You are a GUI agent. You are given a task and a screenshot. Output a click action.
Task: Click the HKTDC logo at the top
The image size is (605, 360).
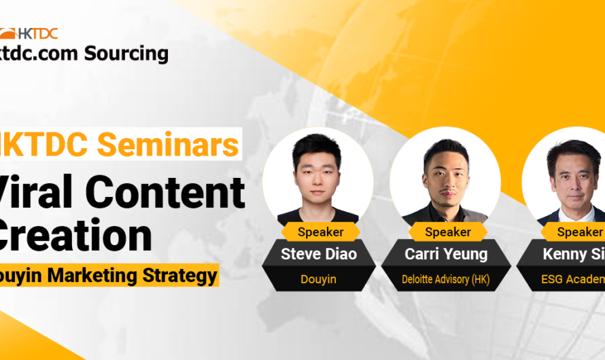point(29,33)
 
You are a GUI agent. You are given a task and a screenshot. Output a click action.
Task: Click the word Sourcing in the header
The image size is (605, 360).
point(126,53)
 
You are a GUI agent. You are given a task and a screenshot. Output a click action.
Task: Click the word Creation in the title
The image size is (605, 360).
point(75,234)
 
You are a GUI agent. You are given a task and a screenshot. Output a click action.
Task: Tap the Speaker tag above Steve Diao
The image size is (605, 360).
point(320,232)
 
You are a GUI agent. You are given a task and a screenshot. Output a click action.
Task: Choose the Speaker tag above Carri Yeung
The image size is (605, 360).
point(448,232)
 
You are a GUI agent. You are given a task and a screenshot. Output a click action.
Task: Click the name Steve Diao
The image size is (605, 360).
point(319,255)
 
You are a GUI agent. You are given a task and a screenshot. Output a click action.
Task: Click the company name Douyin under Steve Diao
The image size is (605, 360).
point(319,278)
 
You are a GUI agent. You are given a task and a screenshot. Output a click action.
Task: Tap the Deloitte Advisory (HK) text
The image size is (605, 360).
point(445,278)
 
